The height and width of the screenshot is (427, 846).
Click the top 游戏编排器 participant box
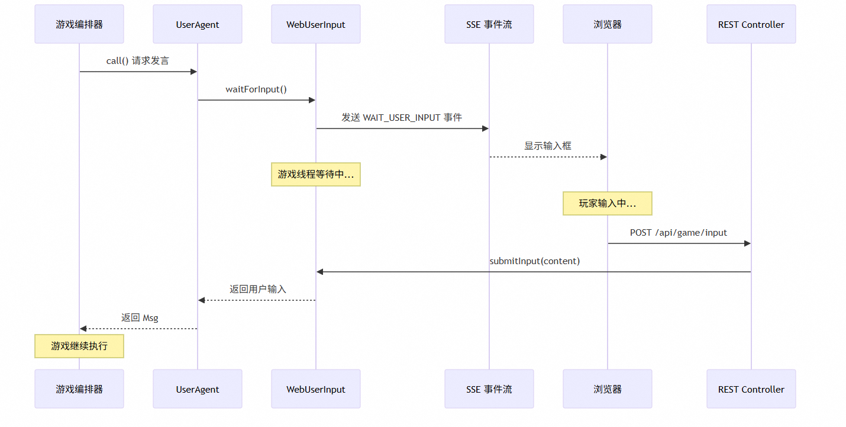click(x=79, y=24)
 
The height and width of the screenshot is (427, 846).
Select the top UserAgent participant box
click(x=198, y=24)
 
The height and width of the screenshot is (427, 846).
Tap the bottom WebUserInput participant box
click(x=316, y=389)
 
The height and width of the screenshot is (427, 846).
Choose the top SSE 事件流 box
click(x=489, y=24)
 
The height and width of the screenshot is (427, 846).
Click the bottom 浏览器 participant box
click(x=607, y=389)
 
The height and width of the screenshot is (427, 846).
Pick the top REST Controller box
click(x=751, y=24)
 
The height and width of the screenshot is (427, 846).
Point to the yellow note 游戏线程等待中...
click(x=316, y=175)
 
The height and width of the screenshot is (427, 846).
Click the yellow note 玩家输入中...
click(x=607, y=203)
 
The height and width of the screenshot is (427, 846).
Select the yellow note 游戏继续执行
click(x=79, y=346)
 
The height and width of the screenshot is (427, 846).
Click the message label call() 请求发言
click(x=138, y=61)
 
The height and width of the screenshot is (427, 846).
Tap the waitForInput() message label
click(x=256, y=89)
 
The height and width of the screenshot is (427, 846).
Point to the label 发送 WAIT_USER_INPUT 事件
click(x=402, y=118)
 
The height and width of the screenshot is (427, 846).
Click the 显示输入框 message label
click(x=548, y=146)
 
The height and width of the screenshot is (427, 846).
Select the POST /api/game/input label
click(x=679, y=233)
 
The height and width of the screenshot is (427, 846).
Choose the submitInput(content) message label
click(x=534, y=261)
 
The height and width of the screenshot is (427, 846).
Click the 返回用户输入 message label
click(x=257, y=290)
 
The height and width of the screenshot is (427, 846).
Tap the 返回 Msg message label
click(x=140, y=318)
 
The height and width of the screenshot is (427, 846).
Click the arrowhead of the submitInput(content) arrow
click(x=320, y=272)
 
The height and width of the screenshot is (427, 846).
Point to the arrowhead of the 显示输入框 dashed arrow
click(x=603, y=157)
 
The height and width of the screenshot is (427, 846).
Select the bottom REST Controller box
click(x=751, y=389)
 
